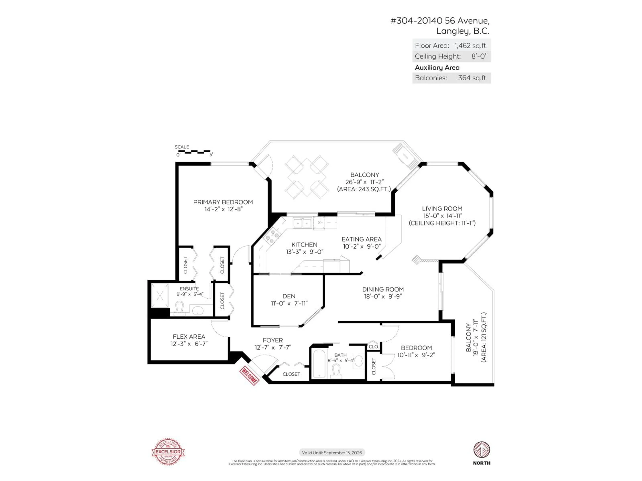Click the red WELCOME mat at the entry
coord(249,376)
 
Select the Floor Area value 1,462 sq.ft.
coord(471,46)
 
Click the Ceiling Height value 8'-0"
coord(479,56)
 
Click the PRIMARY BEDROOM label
coord(223,202)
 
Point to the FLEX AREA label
coord(189,337)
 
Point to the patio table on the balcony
coord(307,177)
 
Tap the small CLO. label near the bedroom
coord(373,347)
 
